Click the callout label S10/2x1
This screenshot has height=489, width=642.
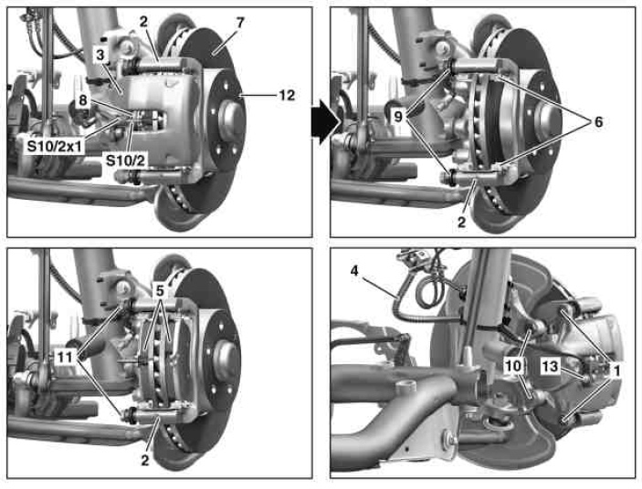[55, 146]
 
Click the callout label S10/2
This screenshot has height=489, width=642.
[125, 161]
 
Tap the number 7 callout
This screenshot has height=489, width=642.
[240, 23]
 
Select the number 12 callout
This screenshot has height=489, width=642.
[287, 95]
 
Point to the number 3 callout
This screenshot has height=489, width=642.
[100, 55]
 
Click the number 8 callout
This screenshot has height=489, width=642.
[83, 99]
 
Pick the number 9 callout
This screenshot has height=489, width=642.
[398, 117]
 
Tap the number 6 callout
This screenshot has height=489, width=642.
[598, 122]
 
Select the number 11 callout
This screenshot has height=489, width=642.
[65, 358]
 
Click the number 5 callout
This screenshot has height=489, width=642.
[160, 291]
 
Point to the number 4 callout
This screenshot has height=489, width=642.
[354, 271]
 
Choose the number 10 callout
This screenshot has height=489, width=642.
[513, 366]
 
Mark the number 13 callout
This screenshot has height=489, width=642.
[550, 367]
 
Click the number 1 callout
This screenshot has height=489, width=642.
[616, 370]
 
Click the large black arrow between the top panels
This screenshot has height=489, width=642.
[326, 122]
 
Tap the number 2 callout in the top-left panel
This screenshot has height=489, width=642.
[142, 21]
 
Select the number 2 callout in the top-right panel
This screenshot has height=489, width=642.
[461, 222]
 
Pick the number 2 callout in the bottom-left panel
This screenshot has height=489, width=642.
[144, 460]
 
